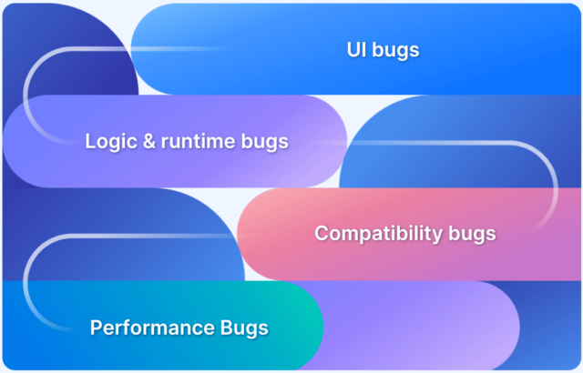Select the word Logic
coord(109,141)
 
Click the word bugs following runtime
coord(266,142)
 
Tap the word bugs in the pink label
coord(472,234)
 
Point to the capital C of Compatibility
coord(322,233)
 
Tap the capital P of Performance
coord(96,326)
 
